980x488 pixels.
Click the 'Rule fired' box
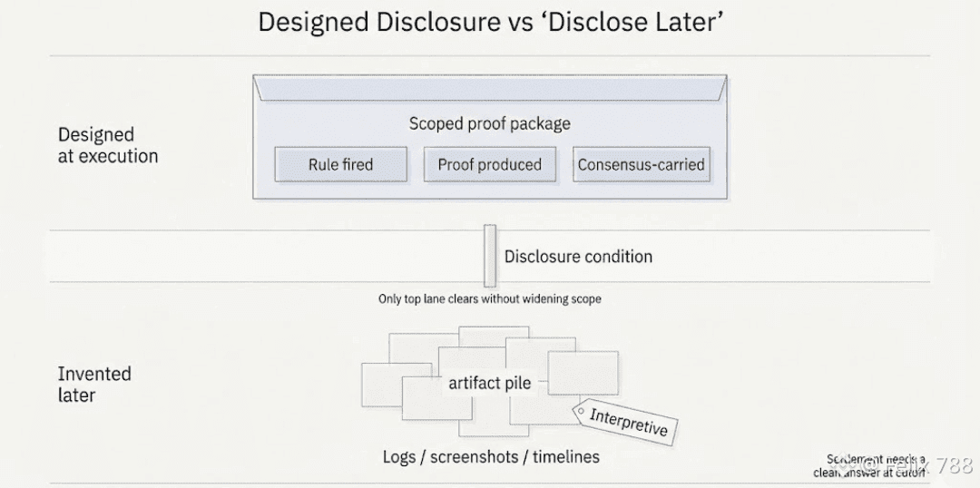340,164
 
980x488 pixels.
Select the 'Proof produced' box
489,164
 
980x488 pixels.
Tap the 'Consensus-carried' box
641,164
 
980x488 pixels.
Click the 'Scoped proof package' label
489,123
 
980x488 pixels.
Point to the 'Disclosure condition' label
578,257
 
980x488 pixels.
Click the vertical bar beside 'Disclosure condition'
490,256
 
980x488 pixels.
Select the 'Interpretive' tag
629,422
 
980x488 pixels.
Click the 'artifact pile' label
489,384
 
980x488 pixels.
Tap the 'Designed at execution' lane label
107,145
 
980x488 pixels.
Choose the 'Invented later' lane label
94,384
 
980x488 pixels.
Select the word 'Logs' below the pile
398,456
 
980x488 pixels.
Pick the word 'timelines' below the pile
565,456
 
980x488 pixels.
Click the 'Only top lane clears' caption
489,298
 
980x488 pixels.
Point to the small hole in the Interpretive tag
581,411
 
